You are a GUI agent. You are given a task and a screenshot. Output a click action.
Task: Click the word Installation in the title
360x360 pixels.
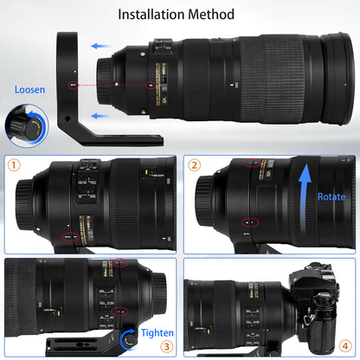[x=151, y=14]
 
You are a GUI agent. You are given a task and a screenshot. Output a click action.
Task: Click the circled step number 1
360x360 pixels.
[x=14, y=164]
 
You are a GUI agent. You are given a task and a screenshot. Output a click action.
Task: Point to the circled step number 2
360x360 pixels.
[x=195, y=164]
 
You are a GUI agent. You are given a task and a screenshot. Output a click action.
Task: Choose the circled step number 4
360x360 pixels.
[x=344, y=344]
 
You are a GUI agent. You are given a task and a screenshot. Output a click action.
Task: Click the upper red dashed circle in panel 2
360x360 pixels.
[x=251, y=162]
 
